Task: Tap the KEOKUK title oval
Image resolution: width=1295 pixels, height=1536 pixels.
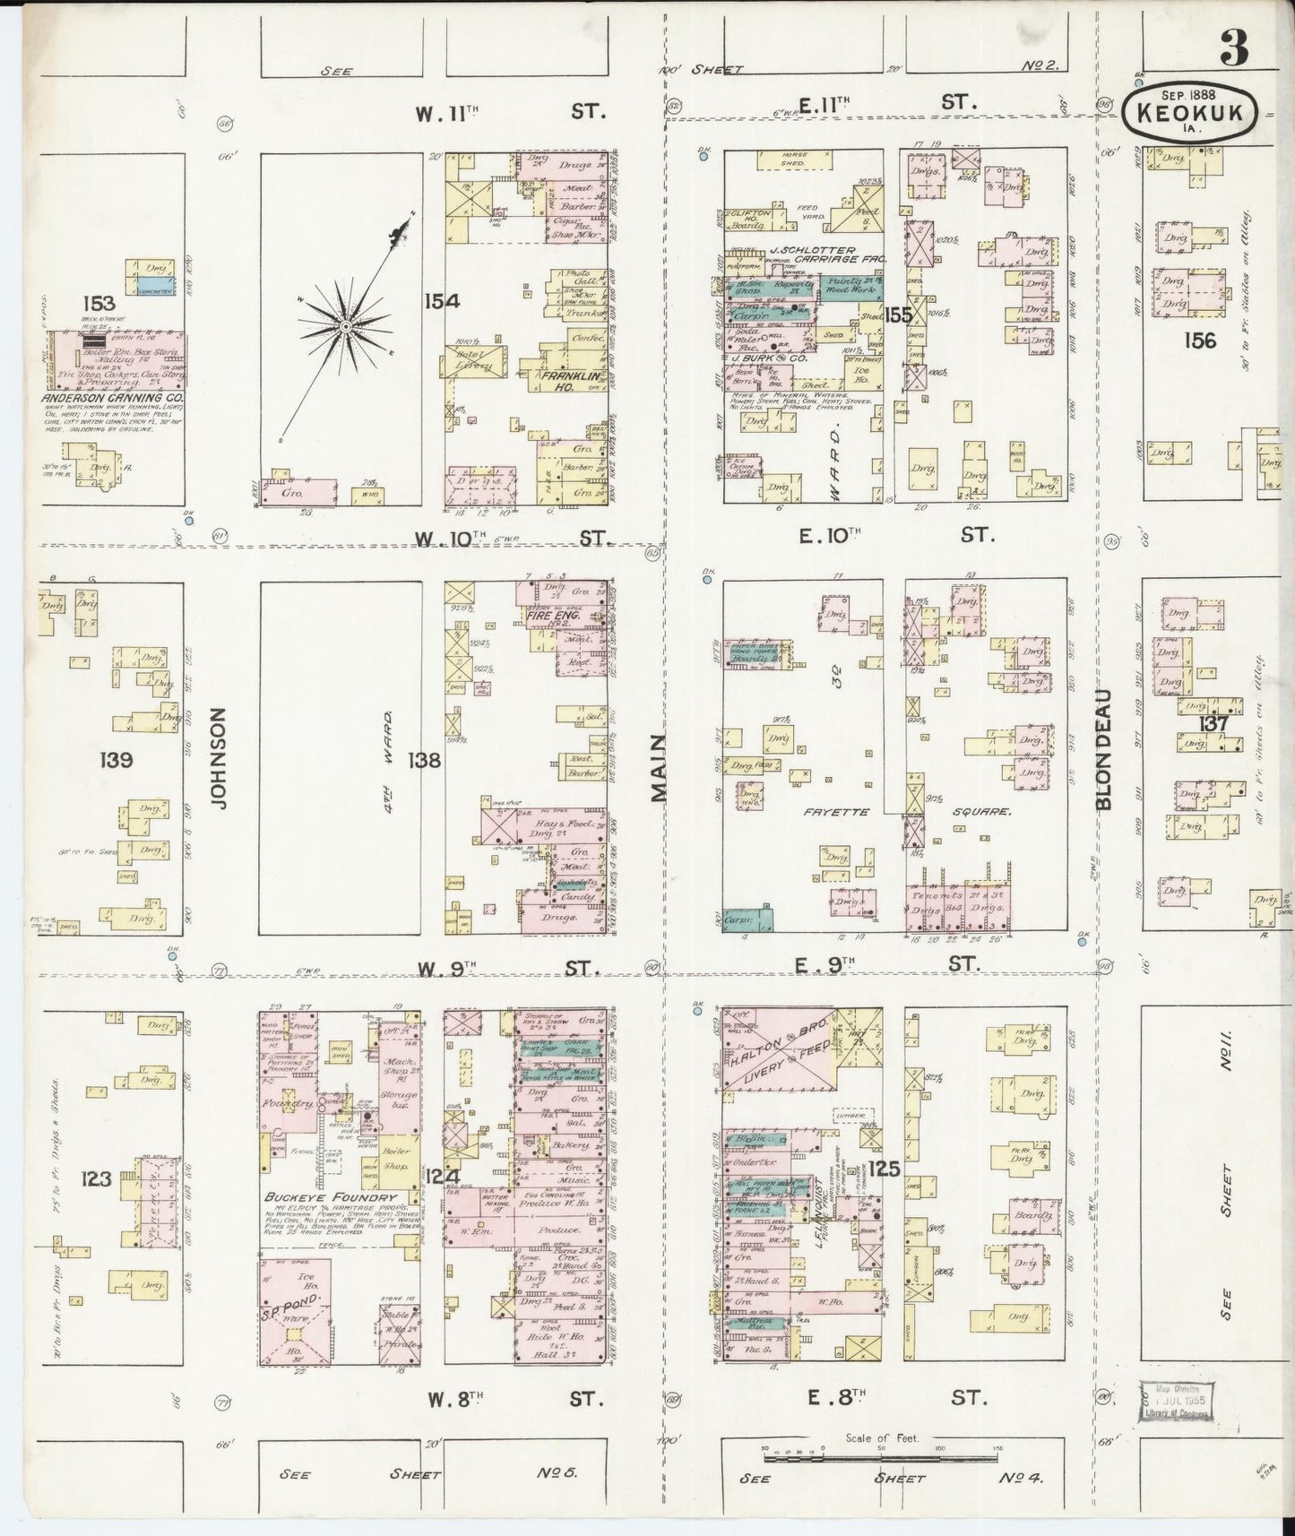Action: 1190,114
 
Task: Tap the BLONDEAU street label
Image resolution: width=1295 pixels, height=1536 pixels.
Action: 1103,749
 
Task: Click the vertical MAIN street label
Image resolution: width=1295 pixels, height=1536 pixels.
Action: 660,767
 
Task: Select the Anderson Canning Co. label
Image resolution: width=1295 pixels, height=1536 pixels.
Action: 111,397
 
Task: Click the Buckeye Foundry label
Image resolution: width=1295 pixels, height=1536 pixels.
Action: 329,1197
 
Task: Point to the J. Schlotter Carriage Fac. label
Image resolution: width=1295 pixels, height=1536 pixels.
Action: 818,255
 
